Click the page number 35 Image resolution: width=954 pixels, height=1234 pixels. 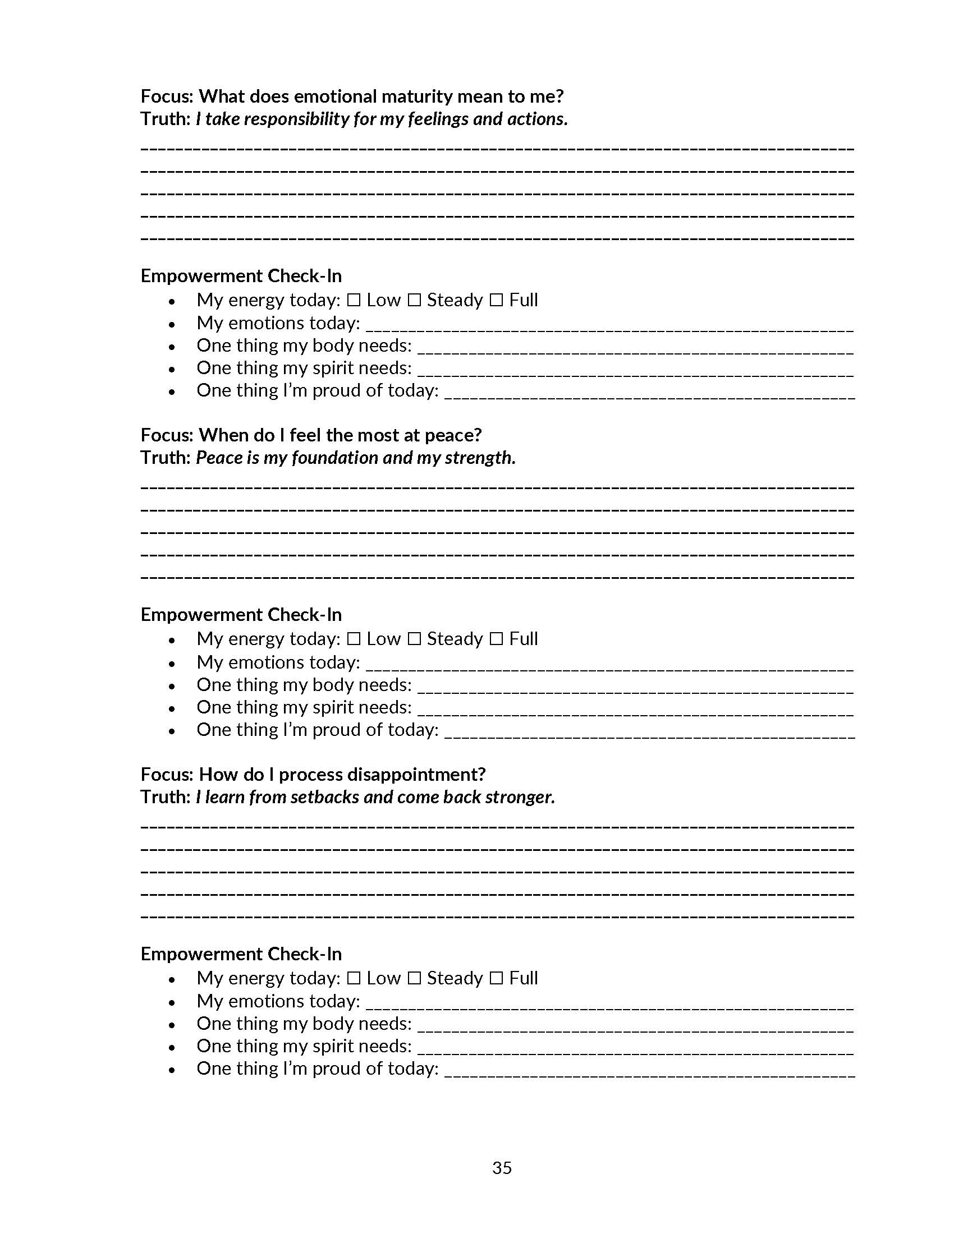pos(502,1167)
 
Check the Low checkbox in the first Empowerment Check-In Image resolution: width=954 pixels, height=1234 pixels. pos(354,300)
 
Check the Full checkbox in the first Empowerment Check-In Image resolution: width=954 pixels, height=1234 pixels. pos(496,300)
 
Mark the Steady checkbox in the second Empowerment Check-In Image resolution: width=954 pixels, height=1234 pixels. pos(414,639)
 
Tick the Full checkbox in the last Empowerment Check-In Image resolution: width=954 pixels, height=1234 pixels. pos(496,978)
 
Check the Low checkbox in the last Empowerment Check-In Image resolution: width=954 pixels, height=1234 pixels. pos(354,978)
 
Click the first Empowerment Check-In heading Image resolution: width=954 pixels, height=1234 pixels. pos(241,276)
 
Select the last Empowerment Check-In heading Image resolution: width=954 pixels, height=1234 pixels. pos(241,954)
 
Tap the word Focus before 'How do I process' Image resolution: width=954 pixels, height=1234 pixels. pos(167,775)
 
